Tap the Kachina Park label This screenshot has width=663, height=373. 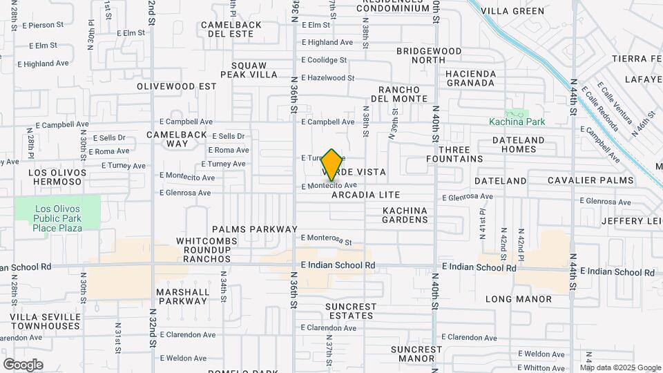tap(517, 122)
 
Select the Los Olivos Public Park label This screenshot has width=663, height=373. tap(58, 218)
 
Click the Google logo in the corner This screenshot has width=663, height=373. tap(23, 364)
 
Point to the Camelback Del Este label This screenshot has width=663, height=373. tap(231, 29)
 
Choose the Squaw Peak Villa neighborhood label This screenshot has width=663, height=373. tap(249, 70)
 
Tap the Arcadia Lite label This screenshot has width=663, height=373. tap(365, 195)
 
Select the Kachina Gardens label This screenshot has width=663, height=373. tap(405, 215)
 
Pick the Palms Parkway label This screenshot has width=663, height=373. tap(255, 229)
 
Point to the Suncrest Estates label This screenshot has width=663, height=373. tap(351, 311)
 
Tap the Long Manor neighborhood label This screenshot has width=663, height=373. tap(519, 299)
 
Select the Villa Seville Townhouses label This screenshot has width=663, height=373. tap(46, 321)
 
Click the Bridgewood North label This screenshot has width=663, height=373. tap(427, 56)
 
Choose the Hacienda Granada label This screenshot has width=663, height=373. tap(470, 78)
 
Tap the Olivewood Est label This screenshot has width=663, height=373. tap(176, 87)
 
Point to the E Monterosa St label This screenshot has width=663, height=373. tap(327, 240)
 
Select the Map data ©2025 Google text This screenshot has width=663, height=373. tap(619, 367)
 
